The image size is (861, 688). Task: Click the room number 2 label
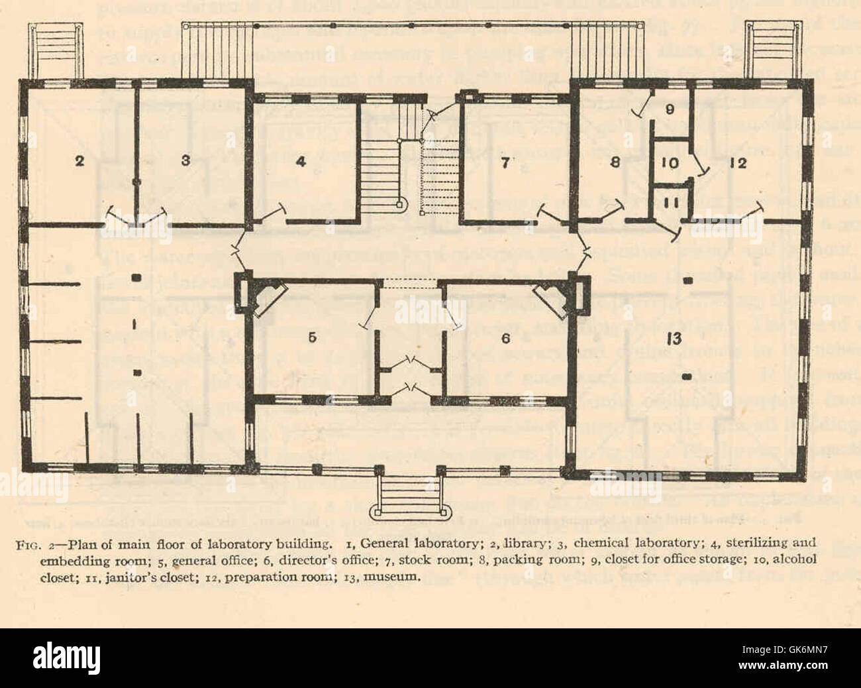[79, 162]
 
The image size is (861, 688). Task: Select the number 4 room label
[301, 162]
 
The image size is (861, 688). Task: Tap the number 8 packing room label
[615, 163]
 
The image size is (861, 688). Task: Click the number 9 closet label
[670, 109]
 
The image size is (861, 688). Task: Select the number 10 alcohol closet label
[669, 163]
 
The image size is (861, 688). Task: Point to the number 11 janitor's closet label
[669, 203]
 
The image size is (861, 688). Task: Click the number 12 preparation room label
[738, 163]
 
